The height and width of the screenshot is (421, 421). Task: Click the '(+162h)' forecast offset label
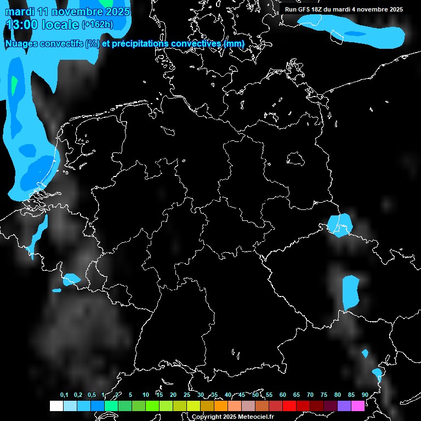coord(97,25)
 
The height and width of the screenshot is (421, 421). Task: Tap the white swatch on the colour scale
coord(56,406)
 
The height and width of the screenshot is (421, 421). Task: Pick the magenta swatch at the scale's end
coord(357,406)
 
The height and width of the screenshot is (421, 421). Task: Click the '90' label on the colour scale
coord(365,395)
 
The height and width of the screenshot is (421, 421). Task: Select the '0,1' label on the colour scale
coord(64,395)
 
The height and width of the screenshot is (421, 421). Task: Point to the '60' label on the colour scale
coord(282,395)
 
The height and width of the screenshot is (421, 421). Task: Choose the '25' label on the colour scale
coord(186,395)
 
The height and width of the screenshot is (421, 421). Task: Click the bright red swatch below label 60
coord(289,406)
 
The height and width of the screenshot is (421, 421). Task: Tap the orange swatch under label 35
coord(220,406)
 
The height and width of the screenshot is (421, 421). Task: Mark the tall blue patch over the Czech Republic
coord(350,292)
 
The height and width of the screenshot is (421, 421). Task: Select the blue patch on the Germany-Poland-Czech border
coord(340,225)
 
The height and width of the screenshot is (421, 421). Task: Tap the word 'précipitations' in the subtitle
coord(140,43)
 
